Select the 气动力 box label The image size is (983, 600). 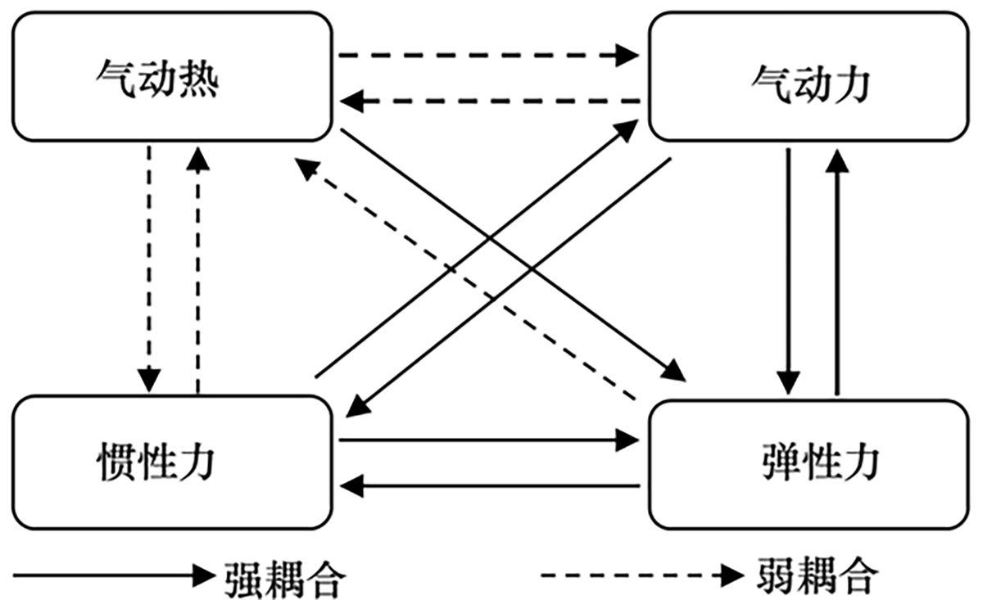click(x=809, y=84)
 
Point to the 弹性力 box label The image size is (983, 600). click(x=818, y=464)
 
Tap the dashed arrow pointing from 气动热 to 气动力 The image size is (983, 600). click(x=488, y=56)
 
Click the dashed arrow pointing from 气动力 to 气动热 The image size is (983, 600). click(x=488, y=102)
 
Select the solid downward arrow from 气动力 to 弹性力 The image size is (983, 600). click(x=788, y=270)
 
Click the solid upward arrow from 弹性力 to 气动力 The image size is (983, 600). click(x=835, y=270)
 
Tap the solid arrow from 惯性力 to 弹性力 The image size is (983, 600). click(x=488, y=440)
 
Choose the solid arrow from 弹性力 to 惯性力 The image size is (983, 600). click(x=488, y=487)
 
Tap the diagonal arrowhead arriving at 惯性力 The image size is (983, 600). click(x=355, y=405)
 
